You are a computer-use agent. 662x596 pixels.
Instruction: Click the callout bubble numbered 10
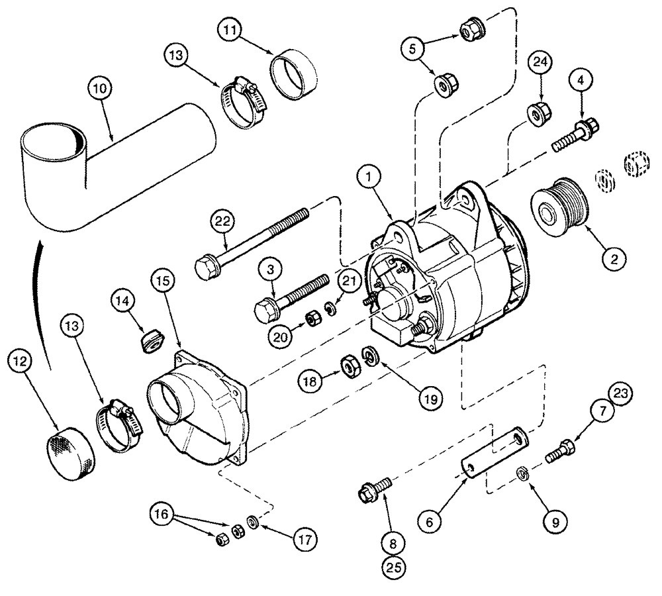pyautogui.click(x=103, y=88)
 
